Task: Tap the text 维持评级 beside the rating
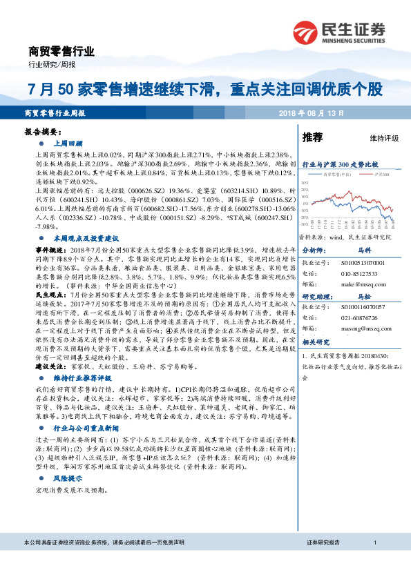[385, 139]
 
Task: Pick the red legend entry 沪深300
[377, 175]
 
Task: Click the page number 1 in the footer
[374, 563]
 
